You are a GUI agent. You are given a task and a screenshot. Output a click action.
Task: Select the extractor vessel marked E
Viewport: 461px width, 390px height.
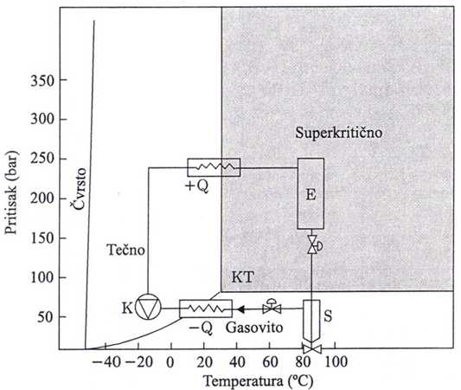click(x=311, y=193)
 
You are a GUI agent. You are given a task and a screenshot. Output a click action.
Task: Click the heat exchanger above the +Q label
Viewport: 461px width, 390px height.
click(x=214, y=167)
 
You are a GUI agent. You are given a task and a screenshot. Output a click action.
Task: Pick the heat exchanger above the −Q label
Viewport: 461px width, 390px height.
click(x=206, y=309)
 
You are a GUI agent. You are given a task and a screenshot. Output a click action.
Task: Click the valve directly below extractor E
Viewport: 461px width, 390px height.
click(x=314, y=244)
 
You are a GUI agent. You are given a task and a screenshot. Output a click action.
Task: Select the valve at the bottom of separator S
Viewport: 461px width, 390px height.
click(x=312, y=349)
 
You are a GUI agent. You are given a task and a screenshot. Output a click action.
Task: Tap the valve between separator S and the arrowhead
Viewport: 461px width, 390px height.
click(x=272, y=307)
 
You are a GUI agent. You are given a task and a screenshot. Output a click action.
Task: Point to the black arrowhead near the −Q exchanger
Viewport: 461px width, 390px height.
click(x=240, y=309)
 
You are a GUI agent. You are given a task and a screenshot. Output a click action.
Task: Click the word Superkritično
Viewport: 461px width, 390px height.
click(x=339, y=133)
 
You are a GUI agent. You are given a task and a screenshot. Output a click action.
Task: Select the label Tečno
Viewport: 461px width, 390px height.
click(x=125, y=250)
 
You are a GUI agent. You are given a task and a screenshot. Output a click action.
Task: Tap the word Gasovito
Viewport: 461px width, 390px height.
click(x=254, y=328)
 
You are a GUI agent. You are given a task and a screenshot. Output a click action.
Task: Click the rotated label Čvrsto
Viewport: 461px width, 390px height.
click(x=79, y=189)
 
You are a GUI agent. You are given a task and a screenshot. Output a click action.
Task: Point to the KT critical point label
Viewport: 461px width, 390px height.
click(x=242, y=277)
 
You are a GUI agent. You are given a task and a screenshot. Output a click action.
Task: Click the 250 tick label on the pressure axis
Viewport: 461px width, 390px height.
click(x=42, y=159)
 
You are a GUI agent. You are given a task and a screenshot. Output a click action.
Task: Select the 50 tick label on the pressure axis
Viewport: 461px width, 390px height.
click(x=46, y=316)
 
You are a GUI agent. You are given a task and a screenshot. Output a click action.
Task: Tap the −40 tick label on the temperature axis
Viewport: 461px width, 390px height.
click(x=106, y=361)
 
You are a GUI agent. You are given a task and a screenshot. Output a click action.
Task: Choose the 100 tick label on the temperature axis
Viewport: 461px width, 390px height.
click(x=336, y=361)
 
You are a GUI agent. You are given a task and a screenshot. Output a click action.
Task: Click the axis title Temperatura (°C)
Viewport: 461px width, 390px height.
click(x=259, y=381)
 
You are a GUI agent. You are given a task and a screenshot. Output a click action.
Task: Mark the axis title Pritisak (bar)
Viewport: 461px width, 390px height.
click(x=11, y=192)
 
